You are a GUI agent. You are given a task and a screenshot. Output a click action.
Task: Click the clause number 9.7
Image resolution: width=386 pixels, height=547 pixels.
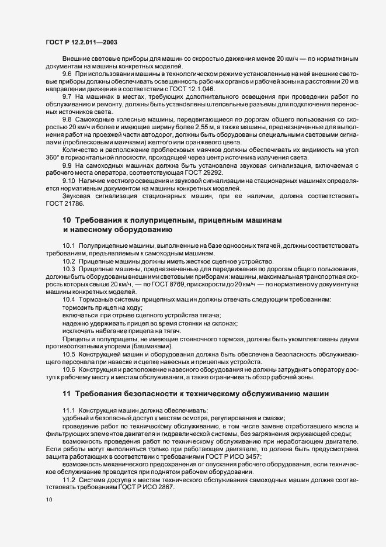[x=67, y=96]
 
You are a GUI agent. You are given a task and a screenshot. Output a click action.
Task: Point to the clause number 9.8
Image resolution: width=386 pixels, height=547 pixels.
[x=67, y=119]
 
